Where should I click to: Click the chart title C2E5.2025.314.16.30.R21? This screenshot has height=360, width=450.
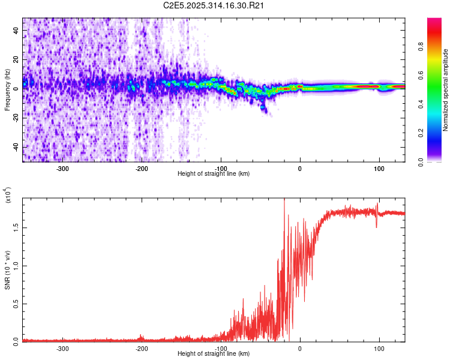[x=214, y=6]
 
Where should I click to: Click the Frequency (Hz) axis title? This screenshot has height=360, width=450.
[x=7, y=90]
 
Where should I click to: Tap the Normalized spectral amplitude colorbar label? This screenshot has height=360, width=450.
[x=446, y=90]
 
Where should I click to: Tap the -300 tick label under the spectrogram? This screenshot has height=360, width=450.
[x=63, y=169]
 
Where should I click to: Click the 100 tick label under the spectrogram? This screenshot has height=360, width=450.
[x=379, y=169]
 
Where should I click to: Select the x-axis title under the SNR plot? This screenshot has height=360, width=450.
[x=214, y=353]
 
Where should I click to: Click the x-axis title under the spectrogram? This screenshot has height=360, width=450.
[x=214, y=174]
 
